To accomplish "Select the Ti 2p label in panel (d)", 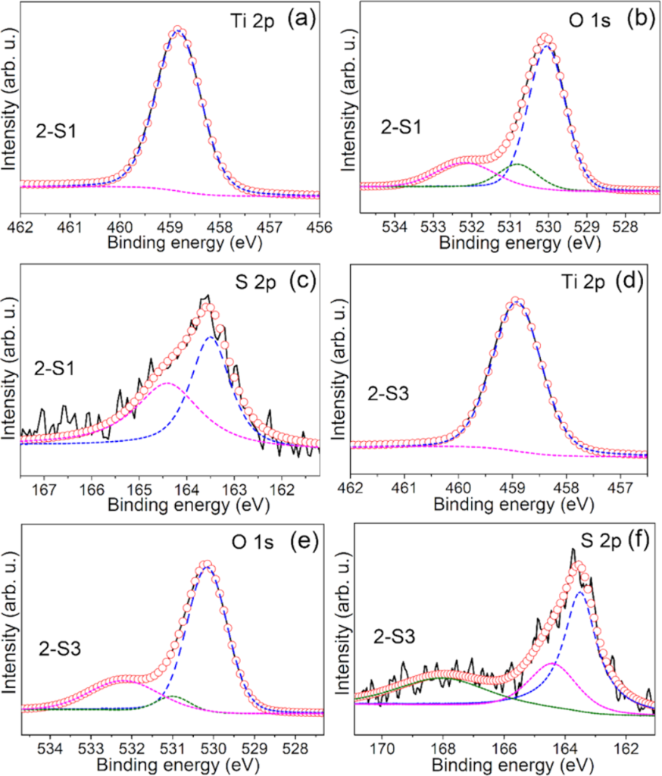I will click(x=565, y=284).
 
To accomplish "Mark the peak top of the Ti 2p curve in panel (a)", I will click(x=177, y=30).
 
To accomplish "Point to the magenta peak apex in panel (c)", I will click(x=166, y=383).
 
